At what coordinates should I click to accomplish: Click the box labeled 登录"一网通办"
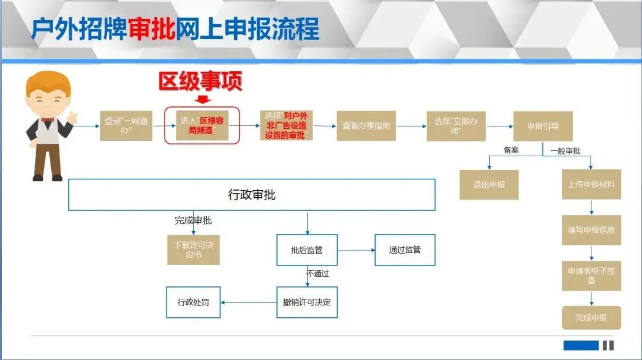[x=126, y=125]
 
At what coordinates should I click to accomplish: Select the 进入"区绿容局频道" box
[x=202, y=125]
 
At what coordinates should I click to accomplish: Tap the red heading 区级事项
[x=200, y=82]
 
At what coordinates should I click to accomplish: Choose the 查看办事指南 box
[x=366, y=126]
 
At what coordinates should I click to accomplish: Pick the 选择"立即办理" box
[x=456, y=126]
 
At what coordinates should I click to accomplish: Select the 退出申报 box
[x=489, y=185]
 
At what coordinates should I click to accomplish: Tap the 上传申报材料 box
[x=591, y=185]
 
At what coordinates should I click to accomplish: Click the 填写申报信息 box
[x=591, y=230]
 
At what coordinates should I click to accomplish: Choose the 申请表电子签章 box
[x=591, y=276]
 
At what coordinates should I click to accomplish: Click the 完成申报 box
[x=591, y=318]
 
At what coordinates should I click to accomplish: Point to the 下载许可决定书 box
[x=193, y=250]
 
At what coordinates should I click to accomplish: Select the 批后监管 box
[x=307, y=250]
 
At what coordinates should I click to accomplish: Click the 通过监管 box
[x=405, y=250]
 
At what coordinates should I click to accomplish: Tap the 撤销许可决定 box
[x=307, y=302]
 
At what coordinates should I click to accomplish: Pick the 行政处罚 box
[x=193, y=302]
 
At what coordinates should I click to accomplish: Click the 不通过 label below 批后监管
[x=317, y=274]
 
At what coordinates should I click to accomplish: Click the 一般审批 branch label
[x=565, y=151]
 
